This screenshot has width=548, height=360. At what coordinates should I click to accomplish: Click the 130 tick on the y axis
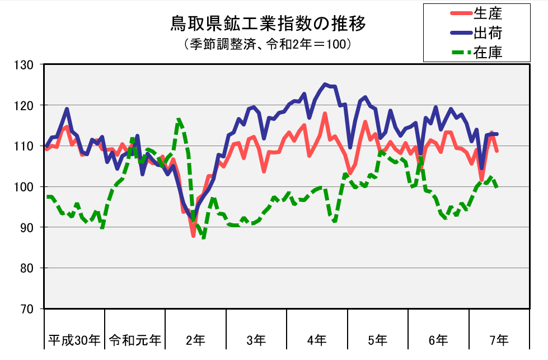click(26, 65)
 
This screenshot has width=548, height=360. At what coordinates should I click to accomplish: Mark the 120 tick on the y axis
click(26, 105)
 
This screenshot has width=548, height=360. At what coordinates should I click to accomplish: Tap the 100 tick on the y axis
click(26, 186)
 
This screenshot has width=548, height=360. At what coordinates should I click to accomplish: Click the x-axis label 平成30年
click(74, 339)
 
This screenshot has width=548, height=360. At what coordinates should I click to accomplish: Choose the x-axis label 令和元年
click(135, 339)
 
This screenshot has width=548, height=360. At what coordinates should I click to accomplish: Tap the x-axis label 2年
click(195, 339)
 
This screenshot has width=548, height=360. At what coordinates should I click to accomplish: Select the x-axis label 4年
click(317, 339)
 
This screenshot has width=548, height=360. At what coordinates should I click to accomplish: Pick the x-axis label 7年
click(499, 339)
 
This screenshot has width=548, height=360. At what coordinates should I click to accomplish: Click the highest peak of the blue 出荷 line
click(325, 85)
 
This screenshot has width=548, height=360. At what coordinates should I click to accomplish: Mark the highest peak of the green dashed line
click(179, 119)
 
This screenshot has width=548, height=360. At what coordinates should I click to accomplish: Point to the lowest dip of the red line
click(193, 236)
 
